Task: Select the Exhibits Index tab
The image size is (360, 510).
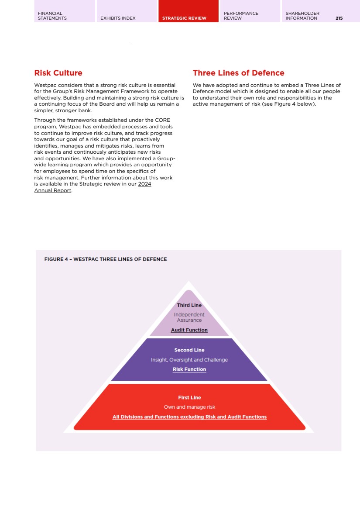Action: [x=118, y=18]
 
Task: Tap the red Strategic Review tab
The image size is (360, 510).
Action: [x=184, y=18]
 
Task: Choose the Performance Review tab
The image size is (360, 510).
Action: [x=241, y=16]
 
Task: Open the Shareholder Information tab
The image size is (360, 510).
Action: [x=302, y=16]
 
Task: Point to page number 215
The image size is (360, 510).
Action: [x=339, y=18]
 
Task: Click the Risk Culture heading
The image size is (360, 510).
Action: [x=58, y=73]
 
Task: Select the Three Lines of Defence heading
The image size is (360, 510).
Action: [x=238, y=73]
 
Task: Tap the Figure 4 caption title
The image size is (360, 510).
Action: [x=106, y=259]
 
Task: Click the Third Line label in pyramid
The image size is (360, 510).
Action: [x=189, y=305]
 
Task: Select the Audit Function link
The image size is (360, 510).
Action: [x=189, y=330]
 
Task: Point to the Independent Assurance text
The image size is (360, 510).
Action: [x=189, y=317]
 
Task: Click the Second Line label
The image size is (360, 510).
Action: [x=189, y=350]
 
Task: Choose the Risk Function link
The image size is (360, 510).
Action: [x=189, y=369]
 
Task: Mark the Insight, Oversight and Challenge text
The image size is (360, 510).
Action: [x=189, y=360]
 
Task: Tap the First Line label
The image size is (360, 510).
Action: [x=189, y=398]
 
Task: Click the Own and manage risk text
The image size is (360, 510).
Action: [x=189, y=407]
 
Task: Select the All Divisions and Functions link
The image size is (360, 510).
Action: [x=189, y=417]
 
